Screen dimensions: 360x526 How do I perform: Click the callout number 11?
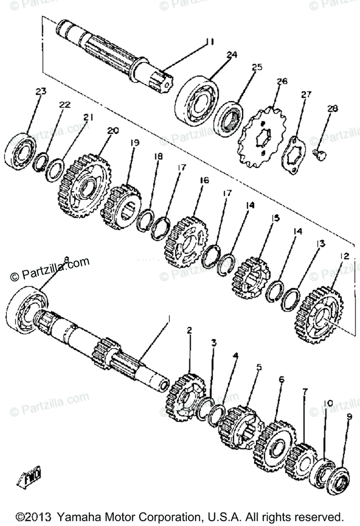coord(209,42)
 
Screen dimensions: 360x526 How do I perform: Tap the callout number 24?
coord(232,55)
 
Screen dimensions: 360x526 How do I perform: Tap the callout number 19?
coord(134,143)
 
